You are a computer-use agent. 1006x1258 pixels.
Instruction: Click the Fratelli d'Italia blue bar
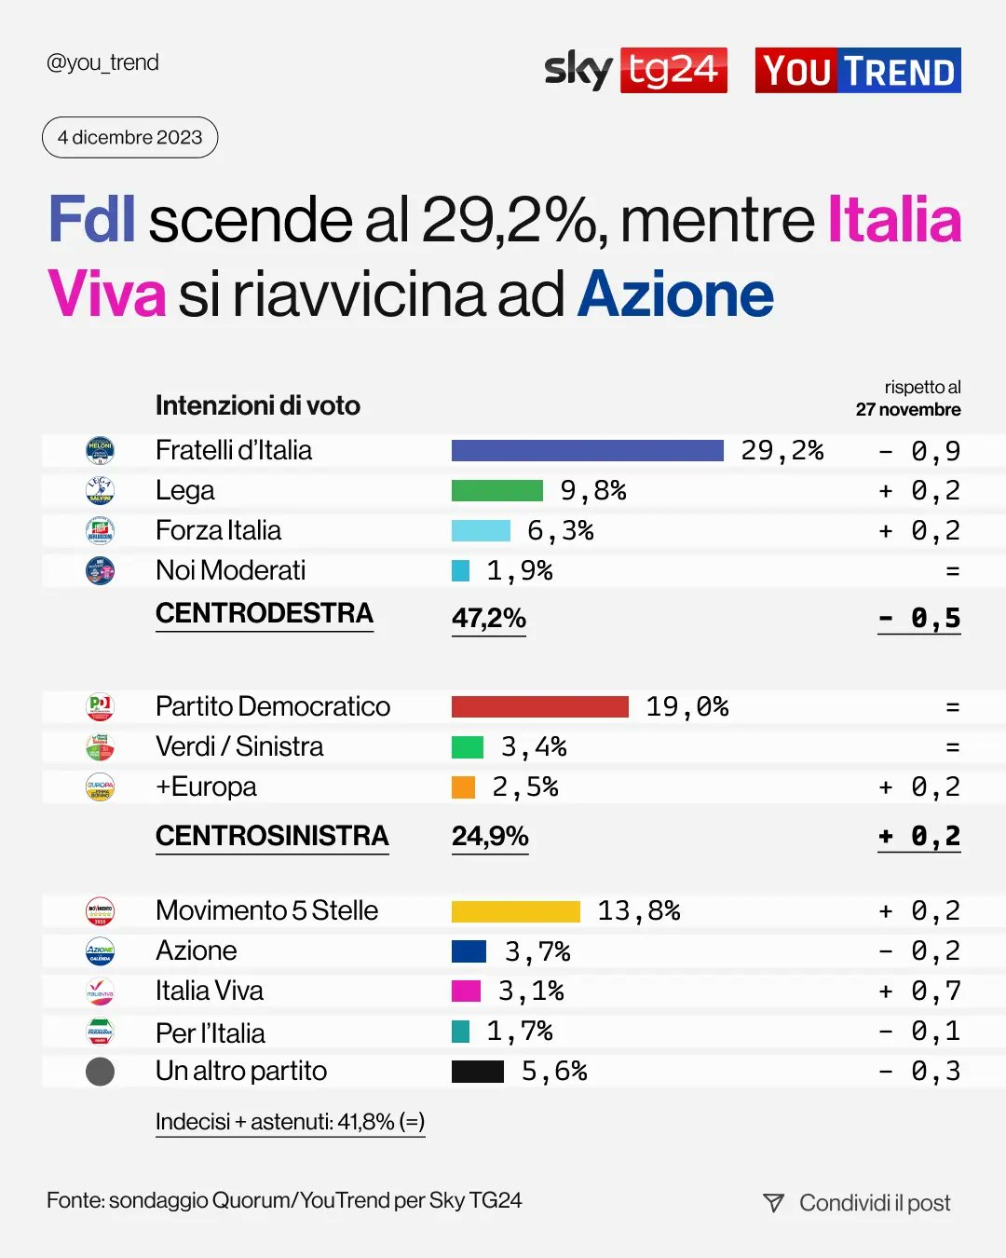click(587, 451)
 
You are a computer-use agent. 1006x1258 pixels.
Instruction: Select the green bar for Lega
click(496, 491)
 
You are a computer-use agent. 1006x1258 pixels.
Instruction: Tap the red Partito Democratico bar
click(539, 706)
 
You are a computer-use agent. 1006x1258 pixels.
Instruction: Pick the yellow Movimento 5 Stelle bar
click(515, 911)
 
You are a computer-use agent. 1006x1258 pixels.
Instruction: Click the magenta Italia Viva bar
click(466, 991)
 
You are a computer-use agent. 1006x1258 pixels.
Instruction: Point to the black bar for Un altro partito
click(477, 1072)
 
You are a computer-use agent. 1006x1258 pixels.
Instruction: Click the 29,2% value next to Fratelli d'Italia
click(782, 451)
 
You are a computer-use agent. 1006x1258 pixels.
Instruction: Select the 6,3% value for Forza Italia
click(560, 531)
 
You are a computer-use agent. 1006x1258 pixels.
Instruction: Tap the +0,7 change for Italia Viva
click(918, 991)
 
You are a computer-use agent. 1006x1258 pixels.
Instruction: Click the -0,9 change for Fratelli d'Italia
click(918, 451)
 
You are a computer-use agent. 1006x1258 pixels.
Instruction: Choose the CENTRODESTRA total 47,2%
click(489, 618)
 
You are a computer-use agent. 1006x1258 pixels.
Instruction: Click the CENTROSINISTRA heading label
click(272, 836)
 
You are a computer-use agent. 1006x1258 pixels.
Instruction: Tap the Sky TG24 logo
click(635, 70)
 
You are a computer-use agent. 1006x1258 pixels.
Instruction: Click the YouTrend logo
click(858, 71)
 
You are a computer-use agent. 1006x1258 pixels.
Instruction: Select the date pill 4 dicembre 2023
click(129, 137)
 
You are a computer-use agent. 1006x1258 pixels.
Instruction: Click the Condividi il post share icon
click(773, 1203)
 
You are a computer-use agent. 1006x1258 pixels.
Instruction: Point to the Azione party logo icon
click(100, 951)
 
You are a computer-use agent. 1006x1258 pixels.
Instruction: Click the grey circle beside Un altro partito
click(100, 1072)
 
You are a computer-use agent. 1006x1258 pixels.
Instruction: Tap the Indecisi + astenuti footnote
click(290, 1122)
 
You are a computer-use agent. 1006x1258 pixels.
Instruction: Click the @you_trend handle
click(102, 62)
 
